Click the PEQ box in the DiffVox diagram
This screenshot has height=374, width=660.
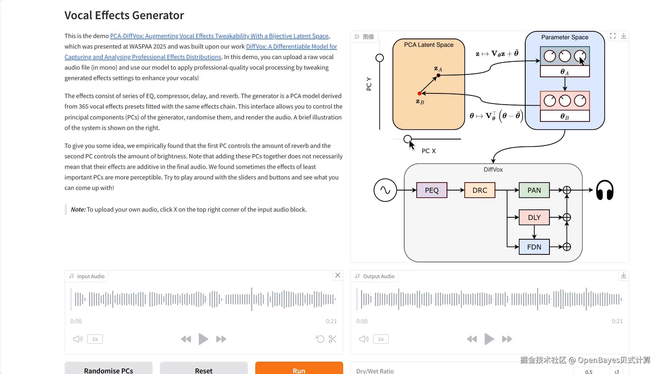tap(432, 190)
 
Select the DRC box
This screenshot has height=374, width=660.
tap(480, 190)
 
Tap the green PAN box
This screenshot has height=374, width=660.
tap(534, 190)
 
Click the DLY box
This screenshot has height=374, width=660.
tap(534, 217)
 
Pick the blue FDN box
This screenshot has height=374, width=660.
tap(534, 247)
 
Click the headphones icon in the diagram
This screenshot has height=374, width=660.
tap(605, 190)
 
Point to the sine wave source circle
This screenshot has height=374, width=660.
tap(385, 190)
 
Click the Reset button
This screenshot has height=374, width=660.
tap(204, 370)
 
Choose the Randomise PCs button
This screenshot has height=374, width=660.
tap(108, 370)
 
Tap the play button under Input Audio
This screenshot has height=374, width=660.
tap(203, 339)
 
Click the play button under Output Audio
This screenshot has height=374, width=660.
tap(489, 339)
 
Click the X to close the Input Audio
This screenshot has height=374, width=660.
tap(338, 275)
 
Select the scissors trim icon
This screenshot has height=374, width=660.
tap(333, 339)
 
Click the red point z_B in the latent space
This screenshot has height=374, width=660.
tap(419, 93)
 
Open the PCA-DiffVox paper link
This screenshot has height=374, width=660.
tap(219, 36)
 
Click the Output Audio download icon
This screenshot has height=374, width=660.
tap(623, 275)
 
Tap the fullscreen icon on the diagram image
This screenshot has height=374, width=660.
tap(613, 36)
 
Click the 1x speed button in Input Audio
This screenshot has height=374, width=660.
tap(95, 339)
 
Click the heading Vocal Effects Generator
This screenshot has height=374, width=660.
tap(124, 15)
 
